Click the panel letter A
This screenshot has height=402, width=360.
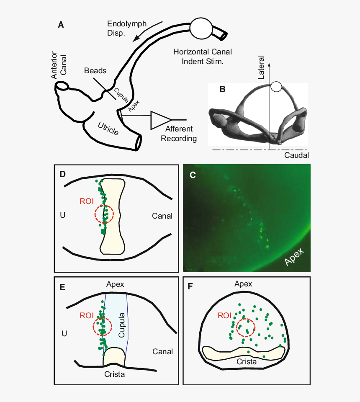pos(61,25)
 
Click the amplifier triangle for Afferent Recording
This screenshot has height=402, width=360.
pos(160,120)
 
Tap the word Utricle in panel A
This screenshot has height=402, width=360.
pos(108,129)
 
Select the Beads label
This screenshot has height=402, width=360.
pos(95,70)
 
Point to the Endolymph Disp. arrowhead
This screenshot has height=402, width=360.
pos(136,39)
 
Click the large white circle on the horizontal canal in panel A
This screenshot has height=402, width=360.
pos(201,28)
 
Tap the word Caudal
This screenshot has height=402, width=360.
pos(296,155)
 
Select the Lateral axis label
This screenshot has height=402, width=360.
pos(261,67)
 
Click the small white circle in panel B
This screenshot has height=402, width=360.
pos(276,87)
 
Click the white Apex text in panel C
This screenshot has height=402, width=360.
pos(294,256)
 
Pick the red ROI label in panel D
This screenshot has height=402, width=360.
pos(87,201)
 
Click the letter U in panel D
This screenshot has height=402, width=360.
pos(62,215)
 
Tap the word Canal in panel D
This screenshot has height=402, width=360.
pos(162,216)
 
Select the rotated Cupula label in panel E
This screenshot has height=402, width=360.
pos(121,325)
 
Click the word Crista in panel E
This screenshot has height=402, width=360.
pos(115,374)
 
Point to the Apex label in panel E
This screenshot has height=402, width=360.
pos(115,284)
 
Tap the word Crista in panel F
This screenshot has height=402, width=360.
pos(247,361)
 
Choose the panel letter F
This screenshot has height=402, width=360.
pos(190,286)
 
